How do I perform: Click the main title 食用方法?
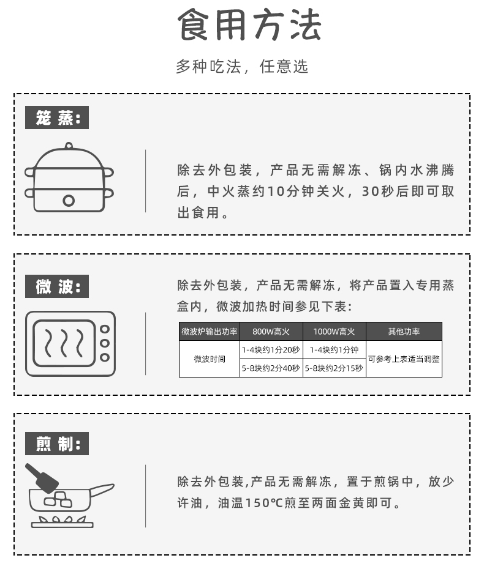[249, 24]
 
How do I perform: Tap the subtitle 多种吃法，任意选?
[242, 67]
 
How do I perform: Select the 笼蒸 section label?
[57, 117]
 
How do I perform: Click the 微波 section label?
[57, 286]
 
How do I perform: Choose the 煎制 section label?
[57, 444]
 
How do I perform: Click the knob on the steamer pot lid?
[69, 146]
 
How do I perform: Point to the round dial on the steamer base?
[69, 201]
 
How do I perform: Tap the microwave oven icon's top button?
[105, 329]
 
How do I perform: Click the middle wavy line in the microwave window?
[64, 343]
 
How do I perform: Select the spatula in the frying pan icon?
[42, 478]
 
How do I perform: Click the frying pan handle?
[102, 489]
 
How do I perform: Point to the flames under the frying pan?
[62, 519]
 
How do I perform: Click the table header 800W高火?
[271, 332]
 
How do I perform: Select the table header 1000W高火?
[335, 332]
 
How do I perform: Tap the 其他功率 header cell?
[404, 332]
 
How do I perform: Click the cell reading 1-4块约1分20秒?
[271, 350]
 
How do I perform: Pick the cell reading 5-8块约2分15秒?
[335, 368]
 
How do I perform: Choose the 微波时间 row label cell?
[210, 359]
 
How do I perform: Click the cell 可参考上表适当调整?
[404, 359]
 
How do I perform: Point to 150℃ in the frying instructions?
[264, 503]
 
